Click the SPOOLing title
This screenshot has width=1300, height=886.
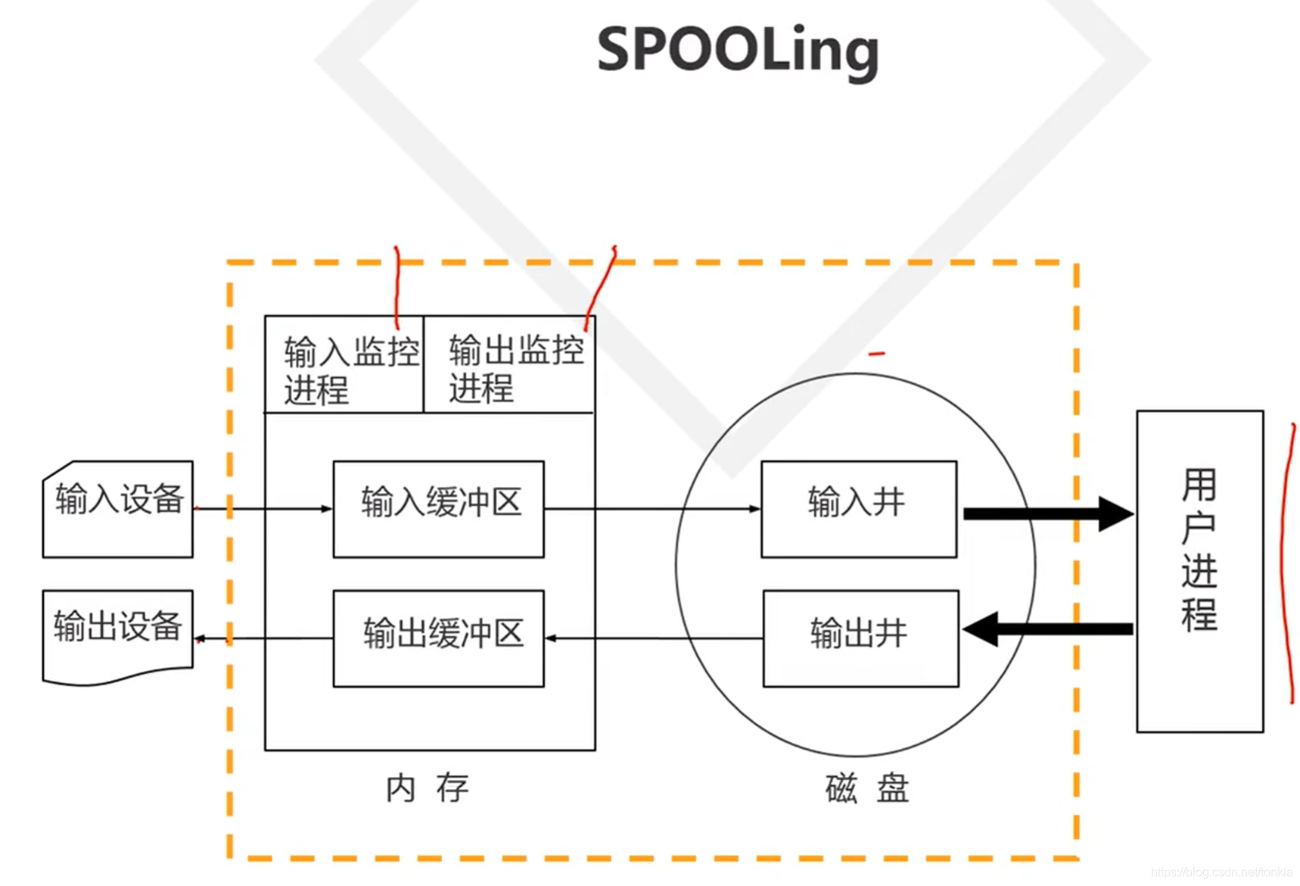738,50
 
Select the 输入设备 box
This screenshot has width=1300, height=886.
118,509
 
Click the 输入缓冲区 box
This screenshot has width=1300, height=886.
439,509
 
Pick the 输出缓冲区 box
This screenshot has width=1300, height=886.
439,638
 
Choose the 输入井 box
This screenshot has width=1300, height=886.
859,509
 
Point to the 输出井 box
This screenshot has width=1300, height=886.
860,638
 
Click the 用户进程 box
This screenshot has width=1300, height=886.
1199,571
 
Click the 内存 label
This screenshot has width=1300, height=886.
427,788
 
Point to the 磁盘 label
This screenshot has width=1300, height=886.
867,788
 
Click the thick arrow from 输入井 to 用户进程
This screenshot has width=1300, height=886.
1048,513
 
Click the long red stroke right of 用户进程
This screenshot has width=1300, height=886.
1286,564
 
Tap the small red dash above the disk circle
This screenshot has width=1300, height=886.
876,353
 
